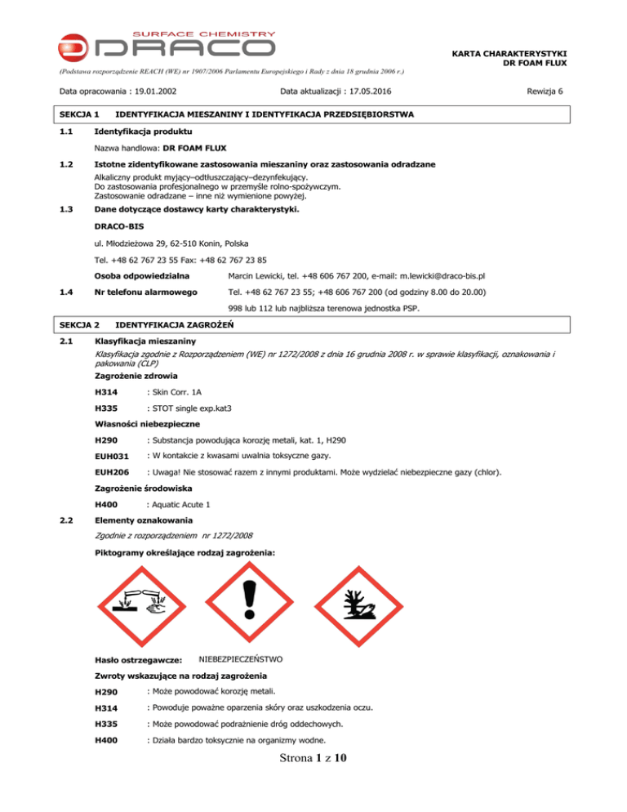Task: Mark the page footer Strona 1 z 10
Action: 313,781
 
